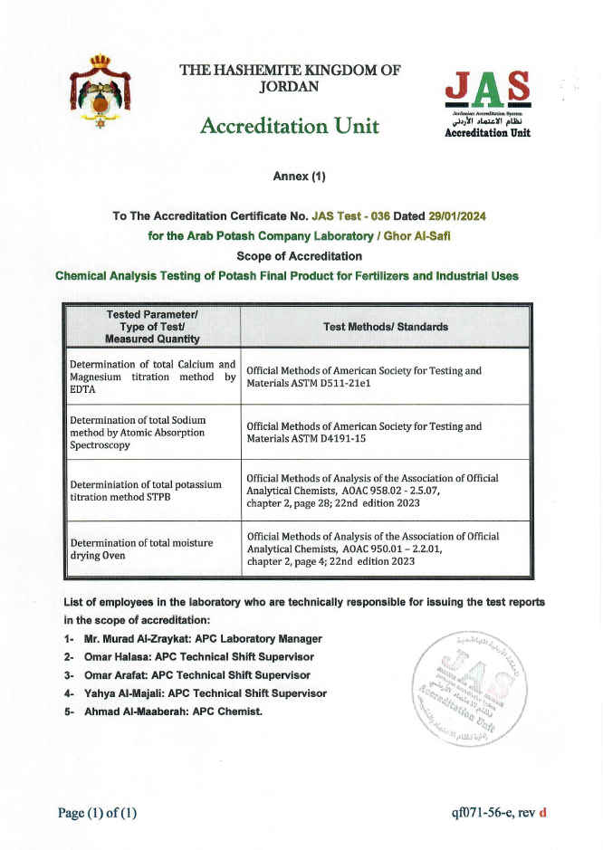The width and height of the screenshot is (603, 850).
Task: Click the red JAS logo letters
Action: [x=488, y=88]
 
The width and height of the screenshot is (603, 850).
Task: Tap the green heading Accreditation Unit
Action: [x=290, y=126]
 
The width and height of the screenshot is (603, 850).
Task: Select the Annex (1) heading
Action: [x=299, y=177]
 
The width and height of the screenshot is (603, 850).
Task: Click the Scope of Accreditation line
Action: [x=299, y=256]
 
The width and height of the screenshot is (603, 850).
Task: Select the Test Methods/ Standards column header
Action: [x=385, y=327]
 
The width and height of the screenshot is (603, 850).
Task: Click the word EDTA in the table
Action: [x=84, y=389]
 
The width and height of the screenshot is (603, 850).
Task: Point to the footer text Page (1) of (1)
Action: [x=98, y=813]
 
